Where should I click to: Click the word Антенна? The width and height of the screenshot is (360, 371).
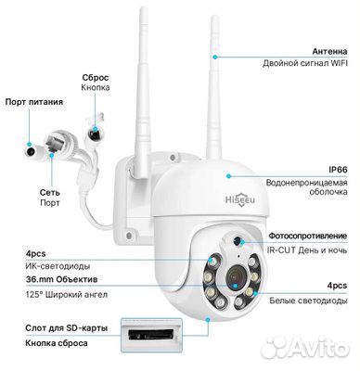point(329,51)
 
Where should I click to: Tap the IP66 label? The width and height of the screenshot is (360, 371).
point(338,170)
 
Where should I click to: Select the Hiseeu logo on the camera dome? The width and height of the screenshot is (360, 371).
point(240,199)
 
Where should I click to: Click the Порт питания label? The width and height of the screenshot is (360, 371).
point(34,102)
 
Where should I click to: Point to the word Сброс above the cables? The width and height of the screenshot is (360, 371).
point(96,78)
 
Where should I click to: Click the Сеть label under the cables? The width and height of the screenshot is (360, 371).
point(49,192)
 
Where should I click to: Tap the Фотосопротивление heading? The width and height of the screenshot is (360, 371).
point(308,236)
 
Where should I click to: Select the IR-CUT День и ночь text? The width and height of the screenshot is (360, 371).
point(307,249)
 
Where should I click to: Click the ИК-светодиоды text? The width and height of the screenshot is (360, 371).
point(58,266)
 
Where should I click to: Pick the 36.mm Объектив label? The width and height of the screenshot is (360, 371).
point(61,280)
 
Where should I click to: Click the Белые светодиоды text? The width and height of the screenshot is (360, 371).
point(308,301)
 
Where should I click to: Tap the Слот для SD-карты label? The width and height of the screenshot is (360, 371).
point(67,328)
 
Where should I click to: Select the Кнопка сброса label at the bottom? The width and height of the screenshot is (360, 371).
point(57,343)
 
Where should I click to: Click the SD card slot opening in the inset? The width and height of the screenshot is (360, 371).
point(150,335)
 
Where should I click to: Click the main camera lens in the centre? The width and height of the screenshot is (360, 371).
point(235,276)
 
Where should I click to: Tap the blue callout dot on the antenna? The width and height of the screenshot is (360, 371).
point(214,57)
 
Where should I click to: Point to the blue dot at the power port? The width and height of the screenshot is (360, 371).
point(30,145)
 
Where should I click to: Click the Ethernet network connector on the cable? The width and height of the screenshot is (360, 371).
point(58,141)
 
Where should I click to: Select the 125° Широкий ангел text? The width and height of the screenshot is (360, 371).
point(67,295)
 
